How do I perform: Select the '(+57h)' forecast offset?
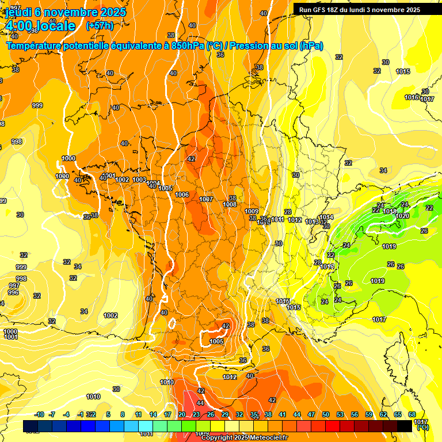100,26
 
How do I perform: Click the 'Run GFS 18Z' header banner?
359,9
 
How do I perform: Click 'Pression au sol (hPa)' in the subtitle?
276,45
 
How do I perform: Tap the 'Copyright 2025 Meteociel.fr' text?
244,438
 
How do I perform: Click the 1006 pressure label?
182,195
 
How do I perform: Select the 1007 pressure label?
206,199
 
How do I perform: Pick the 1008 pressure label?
230,204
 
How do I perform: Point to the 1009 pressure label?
252,211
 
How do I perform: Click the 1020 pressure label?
403,216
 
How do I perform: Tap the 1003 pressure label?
139,180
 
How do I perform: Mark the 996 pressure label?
13,292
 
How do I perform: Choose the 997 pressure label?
14,285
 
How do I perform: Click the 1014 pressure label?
326,217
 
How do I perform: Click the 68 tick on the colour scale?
412,414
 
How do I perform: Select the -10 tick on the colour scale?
39,414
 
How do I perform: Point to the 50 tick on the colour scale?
326,414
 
